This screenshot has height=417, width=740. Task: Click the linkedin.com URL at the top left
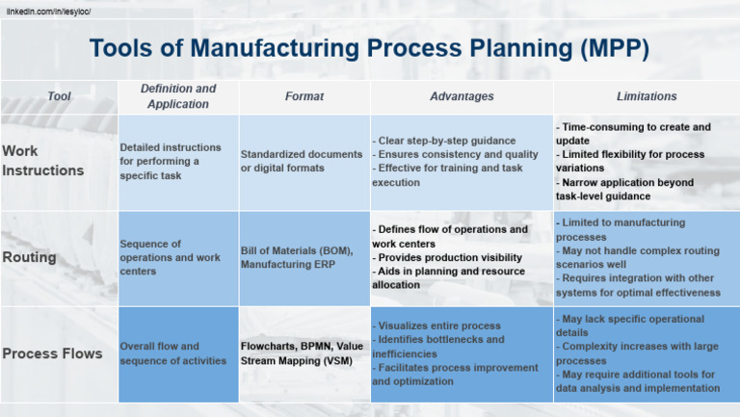(x=47, y=11)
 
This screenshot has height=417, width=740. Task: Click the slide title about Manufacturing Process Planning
(x=369, y=48)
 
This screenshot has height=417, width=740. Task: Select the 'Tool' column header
(x=59, y=96)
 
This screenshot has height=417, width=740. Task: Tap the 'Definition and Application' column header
(x=178, y=96)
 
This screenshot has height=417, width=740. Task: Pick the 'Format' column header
(x=304, y=96)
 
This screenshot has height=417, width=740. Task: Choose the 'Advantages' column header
(x=462, y=96)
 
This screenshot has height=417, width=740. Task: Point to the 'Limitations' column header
(x=647, y=96)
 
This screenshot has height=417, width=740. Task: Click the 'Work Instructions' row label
(x=43, y=161)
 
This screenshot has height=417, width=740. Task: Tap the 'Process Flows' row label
(x=52, y=353)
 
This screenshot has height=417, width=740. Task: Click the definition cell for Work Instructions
(x=171, y=161)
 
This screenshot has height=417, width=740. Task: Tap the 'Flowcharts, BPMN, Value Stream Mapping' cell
(x=302, y=353)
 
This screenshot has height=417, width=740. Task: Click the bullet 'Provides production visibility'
(x=450, y=257)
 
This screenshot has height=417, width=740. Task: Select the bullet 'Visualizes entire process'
(x=438, y=326)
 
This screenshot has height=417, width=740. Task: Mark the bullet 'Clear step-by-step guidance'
(x=445, y=141)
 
